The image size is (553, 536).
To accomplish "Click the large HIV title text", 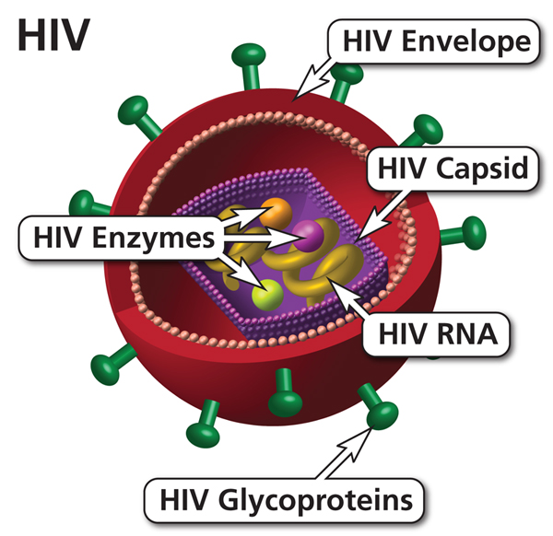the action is [x=53, y=35].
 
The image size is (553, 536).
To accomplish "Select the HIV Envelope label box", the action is [x=433, y=41].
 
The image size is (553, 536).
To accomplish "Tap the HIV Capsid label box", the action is [x=453, y=169].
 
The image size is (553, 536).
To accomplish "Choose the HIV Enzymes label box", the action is [x=122, y=238].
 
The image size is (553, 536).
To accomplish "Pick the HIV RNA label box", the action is [x=437, y=334].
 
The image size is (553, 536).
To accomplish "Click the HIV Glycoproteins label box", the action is [x=284, y=500].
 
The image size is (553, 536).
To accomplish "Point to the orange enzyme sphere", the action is [x=276, y=213].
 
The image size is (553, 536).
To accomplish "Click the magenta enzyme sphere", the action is [x=308, y=236].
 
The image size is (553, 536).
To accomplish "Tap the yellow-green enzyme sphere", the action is [x=267, y=295].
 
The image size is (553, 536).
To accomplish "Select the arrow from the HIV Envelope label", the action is [x=314, y=78].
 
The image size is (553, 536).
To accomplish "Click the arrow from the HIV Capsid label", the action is [x=383, y=216].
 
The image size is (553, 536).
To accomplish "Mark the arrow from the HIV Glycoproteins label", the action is [x=344, y=453].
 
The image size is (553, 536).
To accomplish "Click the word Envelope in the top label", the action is [x=466, y=42].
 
